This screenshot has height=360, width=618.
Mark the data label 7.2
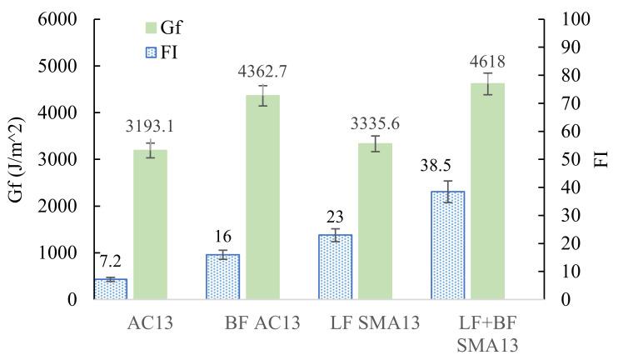pos(111,266)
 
